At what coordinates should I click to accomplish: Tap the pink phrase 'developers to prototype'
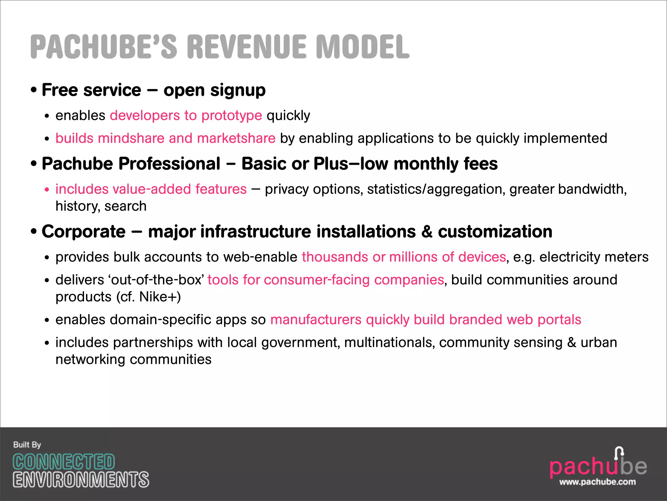pyautogui.click(x=186, y=115)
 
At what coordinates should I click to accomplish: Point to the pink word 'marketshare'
pyautogui.click(x=236, y=138)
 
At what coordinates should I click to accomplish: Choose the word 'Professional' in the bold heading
pyautogui.click(x=169, y=164)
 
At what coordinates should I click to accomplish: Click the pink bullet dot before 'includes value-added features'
pyautogui.click(x=47, y=190)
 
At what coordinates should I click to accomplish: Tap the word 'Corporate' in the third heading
pyautogui.click(x=84, y=232)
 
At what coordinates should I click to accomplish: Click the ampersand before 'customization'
pyautogui.click(x=427, y=232)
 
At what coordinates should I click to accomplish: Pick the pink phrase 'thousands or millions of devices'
pyautogui.click(x=404, y=257)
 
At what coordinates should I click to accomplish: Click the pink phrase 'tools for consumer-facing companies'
pyautogui.click(x=326, y=280)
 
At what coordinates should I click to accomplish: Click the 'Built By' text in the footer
pyautogui.click(x=27, y=445)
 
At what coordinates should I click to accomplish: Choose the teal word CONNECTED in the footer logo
pyautogui.click(x=64, y=462)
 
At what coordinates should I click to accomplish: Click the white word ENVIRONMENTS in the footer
pyautogui.click(x=81, y=479)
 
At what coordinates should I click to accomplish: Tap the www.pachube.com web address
pyautogui.click(x=597, y=482)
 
